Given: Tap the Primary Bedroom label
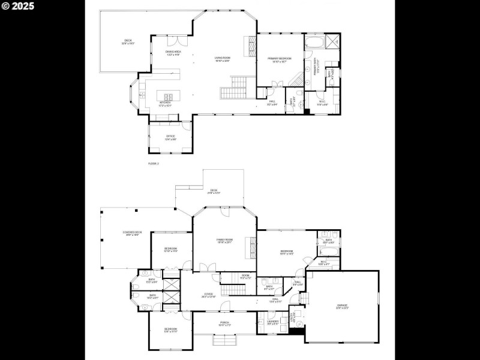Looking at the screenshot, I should [280, 59].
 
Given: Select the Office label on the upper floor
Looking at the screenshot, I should [171, 137].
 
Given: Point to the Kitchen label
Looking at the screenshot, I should [165, 103].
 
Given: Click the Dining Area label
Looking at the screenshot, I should [173, 53].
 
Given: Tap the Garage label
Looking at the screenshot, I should [342, 307].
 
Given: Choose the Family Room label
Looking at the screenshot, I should [225, 241].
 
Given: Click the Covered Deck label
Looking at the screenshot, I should [133, 233].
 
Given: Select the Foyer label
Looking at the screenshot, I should [208, 295].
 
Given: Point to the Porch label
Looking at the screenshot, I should [224, 324].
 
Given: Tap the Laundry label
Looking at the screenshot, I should [272, 323].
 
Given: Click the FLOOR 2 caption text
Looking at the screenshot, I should [153, 163].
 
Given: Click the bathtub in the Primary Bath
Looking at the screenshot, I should [313, 44].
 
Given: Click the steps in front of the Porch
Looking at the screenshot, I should [224, 340].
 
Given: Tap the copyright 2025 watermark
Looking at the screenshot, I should [18, 6].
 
